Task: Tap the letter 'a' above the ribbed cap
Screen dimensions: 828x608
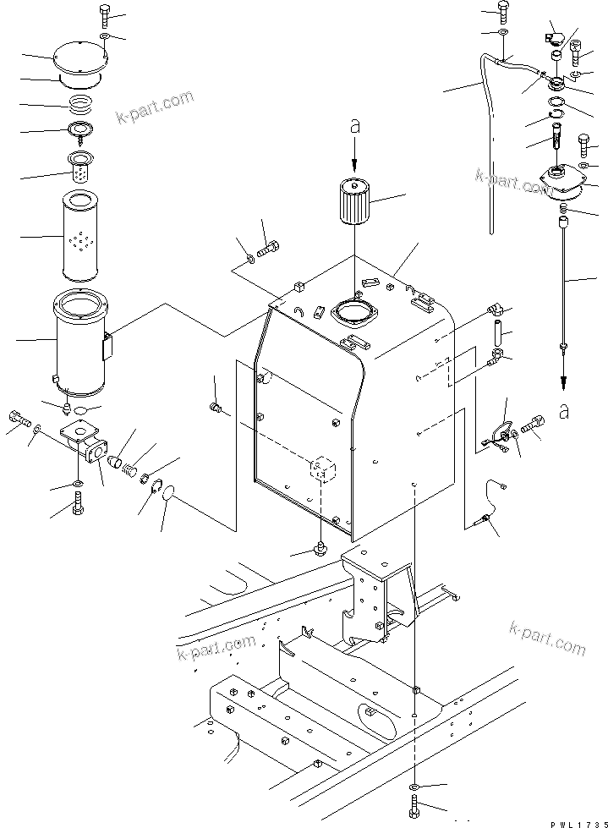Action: [354, 127]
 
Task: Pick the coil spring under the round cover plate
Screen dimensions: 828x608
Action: [82, 106]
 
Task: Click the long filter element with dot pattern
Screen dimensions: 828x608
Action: [81, 237]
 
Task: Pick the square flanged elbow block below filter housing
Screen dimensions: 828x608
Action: [82, 441]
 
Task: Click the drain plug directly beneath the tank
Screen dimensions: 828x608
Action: [320, 548]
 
